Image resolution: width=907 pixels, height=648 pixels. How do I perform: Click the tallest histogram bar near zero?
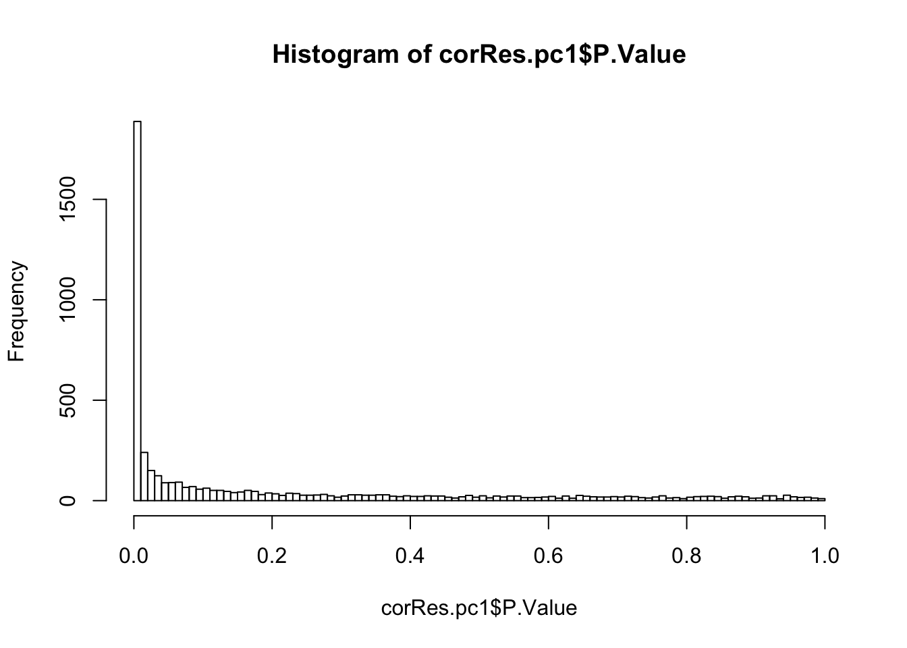tap(137, 310)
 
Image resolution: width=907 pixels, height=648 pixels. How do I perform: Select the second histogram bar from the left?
tap(144, 477)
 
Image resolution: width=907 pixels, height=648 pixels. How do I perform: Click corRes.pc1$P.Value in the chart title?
tap(562, 54)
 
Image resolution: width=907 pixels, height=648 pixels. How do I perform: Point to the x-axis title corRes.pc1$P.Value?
tap(479, 608)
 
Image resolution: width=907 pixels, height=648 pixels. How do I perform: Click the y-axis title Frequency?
tap(16, 311)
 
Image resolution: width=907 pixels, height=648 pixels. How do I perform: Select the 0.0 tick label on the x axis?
tap(134, 556)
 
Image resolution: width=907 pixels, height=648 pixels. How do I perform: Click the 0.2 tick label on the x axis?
tap(272, 556)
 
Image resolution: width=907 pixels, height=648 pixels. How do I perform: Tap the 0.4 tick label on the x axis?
tap(410, 556)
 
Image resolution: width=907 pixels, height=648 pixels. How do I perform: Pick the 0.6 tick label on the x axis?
tap(549, 556)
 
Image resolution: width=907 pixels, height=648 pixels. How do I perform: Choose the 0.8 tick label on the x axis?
tap(686, 556)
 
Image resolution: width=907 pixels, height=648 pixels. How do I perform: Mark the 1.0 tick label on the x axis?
tap(825, 556)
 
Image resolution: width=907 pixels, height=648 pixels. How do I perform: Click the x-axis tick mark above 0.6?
tap(549, 522)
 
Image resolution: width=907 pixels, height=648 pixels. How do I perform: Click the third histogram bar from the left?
tap(151, 485)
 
